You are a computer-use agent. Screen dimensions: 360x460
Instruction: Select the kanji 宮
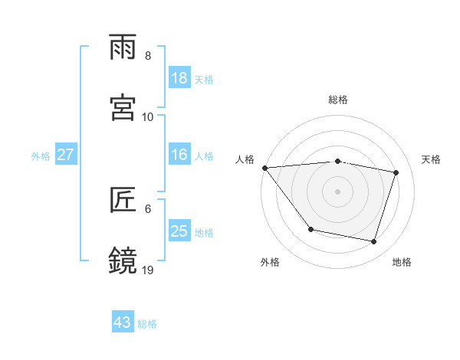coord(123,108)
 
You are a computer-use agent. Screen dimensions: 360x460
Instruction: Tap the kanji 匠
coord(123,201)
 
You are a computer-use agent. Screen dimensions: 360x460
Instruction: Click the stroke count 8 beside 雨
coord(148,56)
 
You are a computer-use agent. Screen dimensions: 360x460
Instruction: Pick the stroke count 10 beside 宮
coord(148,117)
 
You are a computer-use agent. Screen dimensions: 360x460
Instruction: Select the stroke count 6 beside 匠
coord(148,208)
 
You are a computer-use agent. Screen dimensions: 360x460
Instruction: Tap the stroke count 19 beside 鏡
coord(148,270)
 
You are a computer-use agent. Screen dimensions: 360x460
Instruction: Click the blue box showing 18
coord(179,77)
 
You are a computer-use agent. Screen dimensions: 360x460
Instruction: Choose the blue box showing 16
coord(179,155)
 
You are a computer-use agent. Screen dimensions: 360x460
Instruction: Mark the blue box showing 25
coord(179,231)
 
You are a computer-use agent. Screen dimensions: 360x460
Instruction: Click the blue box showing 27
coord(66,155)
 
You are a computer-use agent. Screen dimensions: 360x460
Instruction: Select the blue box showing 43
coord(122,322)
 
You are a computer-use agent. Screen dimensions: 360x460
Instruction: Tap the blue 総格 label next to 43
coord(147,324)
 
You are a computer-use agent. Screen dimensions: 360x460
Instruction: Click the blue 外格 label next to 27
coord(41,156)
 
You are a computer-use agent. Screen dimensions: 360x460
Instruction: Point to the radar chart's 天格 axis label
coord(432,159)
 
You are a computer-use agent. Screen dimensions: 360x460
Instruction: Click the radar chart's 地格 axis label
coord(402,262)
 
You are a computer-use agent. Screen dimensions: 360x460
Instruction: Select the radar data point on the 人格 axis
coord(264,168)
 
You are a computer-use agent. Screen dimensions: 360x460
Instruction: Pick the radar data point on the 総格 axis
coord(337,161)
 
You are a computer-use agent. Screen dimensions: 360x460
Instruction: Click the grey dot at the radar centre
coord(337,191)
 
